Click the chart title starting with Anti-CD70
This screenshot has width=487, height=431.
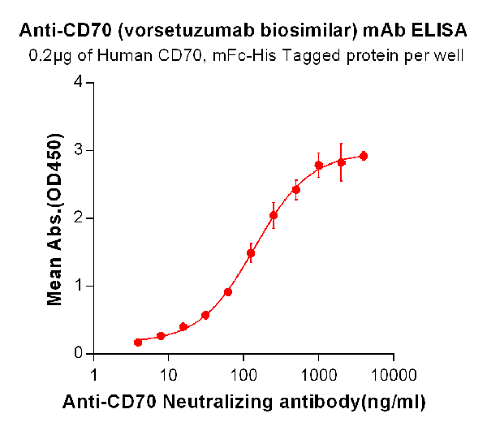(243, 32)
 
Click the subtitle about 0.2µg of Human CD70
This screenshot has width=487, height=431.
(247, 57)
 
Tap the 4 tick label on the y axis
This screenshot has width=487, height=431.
(78, 82)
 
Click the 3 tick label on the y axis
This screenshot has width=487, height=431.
(78, 150)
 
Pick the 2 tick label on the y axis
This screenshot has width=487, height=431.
(78, 218)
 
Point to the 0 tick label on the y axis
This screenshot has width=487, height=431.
(78, 353)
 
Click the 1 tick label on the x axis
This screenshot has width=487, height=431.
(94, 375)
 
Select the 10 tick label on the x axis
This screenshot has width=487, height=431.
(168, 375)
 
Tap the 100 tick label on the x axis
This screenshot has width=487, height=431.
(243, 375)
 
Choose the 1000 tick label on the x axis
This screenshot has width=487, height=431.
(318, 375)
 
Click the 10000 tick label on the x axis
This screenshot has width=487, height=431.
(393, 375)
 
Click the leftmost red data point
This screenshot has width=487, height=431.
(138, 343)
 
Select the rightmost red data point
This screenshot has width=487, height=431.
(364, 156)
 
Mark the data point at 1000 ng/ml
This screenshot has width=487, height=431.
(319, 166)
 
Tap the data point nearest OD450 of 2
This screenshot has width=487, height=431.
(274, 215)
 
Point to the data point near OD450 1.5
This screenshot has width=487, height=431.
(251, 252)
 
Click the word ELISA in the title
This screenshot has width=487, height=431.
(440, 32)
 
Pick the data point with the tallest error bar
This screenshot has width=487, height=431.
(342, 162)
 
